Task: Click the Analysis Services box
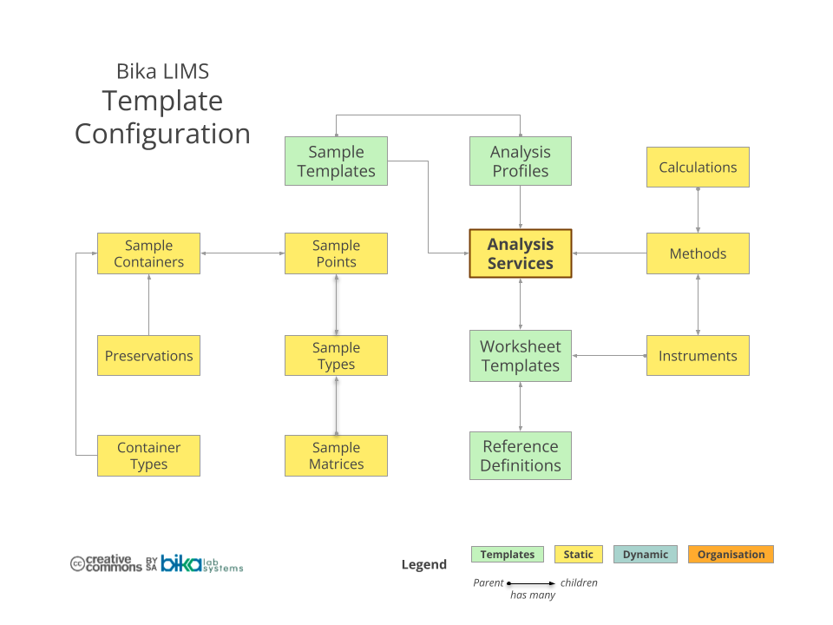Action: pos(521,253)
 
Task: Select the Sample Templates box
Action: pos(336,161)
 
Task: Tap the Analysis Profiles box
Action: pos(521,161)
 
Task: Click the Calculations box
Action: pos(698,168)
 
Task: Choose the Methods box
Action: pos(698,253)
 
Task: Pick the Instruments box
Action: pos(698,355)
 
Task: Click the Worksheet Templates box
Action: pos(521,355)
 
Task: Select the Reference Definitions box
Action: pos(521,455)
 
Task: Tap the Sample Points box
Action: pos(336,253)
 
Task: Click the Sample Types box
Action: pos(336,355)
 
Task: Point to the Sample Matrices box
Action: pos(336,455)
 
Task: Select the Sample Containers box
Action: pos(148,253)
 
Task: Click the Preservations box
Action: pos(148,355)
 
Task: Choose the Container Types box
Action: pos(148,455)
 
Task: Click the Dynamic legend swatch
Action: pos(646,554)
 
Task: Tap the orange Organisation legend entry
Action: pos(731,554)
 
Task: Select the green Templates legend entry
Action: pos(508,554)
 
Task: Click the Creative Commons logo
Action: pos(106,563)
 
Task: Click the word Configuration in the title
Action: pos(162,134)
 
